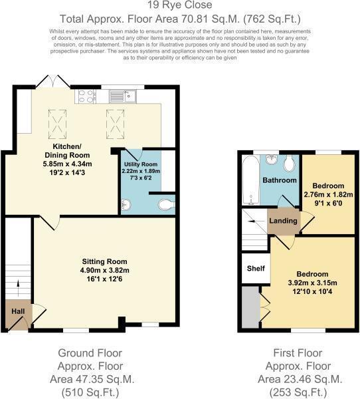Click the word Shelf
coord(256,269)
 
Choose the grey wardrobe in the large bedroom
coord(250,308)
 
